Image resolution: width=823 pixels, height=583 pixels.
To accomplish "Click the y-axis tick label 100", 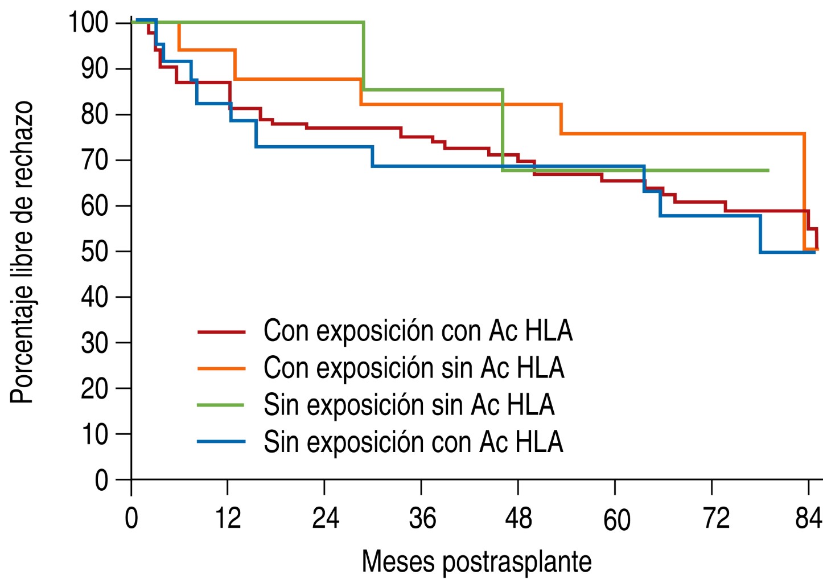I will (88, 23).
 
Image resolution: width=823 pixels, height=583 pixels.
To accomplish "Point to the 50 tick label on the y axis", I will (94, 251).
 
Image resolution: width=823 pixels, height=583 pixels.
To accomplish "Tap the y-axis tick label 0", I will (101, 480).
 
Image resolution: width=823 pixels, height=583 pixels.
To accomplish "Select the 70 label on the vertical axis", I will (94, 160).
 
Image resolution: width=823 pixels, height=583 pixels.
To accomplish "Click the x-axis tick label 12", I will (228, 518).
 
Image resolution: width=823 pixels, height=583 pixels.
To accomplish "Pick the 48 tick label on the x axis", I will (518, 518).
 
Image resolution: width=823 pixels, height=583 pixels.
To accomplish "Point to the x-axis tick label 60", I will (616, 519).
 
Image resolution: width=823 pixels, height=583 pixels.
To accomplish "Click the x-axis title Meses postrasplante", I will (476, 561).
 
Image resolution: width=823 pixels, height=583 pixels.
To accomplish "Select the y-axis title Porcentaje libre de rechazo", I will (22, 253).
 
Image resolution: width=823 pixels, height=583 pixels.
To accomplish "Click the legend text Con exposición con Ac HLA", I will (418, 331).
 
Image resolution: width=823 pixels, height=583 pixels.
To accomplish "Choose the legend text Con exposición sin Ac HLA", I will (414, 368).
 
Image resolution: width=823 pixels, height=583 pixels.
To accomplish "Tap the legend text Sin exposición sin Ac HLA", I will (409, 405).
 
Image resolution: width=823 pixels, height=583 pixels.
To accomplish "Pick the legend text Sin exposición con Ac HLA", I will (413, 442).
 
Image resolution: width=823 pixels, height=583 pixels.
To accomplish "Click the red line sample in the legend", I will (221, 331).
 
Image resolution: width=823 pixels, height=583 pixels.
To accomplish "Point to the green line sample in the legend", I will (221, 405).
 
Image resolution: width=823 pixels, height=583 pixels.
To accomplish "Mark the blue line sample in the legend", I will (221, 442).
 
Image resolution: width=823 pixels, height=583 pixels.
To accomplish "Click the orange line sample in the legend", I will (221, 368).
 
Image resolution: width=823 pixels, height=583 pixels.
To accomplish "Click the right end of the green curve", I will (768, 170).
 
